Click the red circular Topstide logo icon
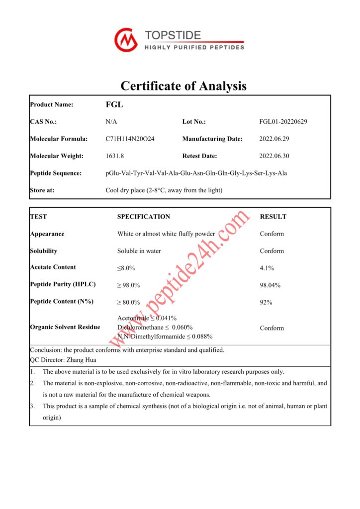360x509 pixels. point(126,40)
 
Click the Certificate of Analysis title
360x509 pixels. point(183,85)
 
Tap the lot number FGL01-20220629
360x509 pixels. point(283,122)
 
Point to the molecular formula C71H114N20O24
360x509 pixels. point(130,139)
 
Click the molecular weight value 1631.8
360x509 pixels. point(114,156)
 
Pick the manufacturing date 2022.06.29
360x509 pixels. point(274,139)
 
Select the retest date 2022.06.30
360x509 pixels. point(274,156)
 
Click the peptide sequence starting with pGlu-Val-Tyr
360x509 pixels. point(196,173)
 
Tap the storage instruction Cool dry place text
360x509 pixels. point(164,190)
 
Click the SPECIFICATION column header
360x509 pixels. point(143,217)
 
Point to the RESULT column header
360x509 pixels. point(273,217)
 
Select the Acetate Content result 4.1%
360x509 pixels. point(267,268)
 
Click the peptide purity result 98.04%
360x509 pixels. point(270,285)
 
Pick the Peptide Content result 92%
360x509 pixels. point(266,302)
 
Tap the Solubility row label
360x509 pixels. point(43,251)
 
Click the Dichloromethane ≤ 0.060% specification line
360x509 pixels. point(155,328)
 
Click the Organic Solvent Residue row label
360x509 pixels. point(65,327)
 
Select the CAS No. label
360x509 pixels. point(43,122)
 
